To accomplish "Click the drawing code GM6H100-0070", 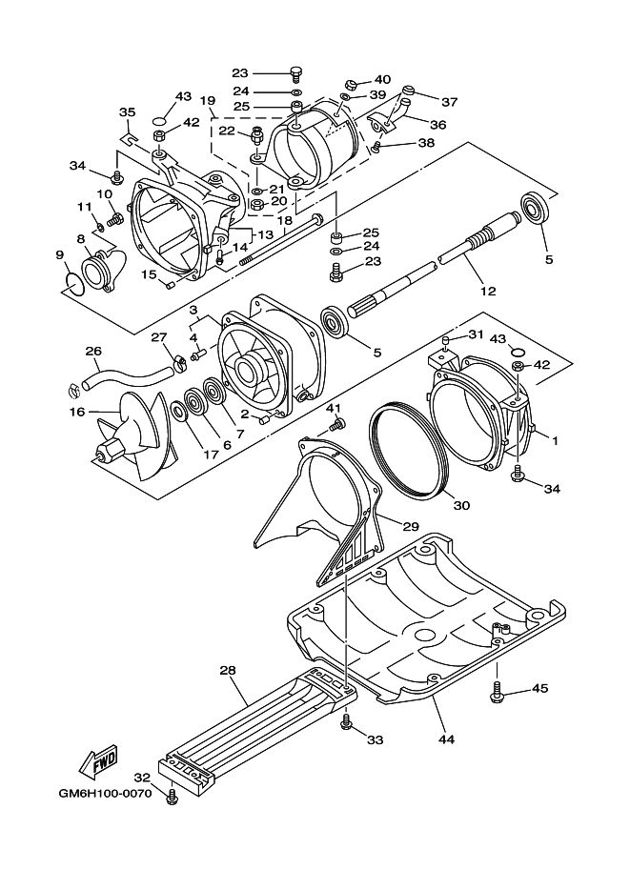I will [x=104, y=793].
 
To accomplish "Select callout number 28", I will [x=227, y=671].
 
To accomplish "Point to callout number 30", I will [x=460, y=505].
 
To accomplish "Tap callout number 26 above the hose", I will [x=93, y=351].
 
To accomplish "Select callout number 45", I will [x=539, y=688].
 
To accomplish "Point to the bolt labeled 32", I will [x=173, y=797].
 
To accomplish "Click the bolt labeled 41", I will [x=335, y=422].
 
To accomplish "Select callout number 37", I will [x=449, y=102].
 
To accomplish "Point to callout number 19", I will [x=208, y=99].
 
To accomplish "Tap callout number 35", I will [x=127, y=111].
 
